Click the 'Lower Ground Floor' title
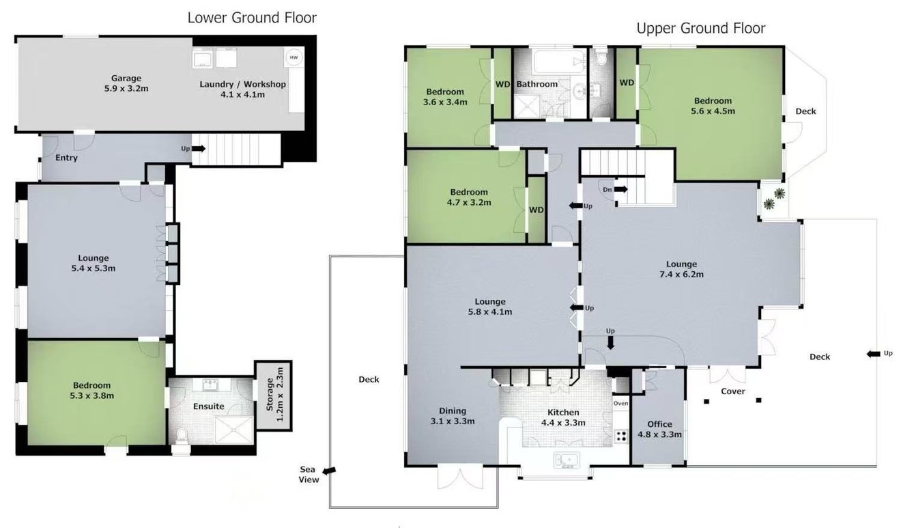tap(252, 18)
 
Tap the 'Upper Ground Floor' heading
tap(701, 28)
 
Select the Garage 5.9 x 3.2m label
tap(126, 83)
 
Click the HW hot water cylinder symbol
tap(294, 57)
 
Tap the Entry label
tap(66, 158)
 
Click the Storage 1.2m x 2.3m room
tap(274, 395)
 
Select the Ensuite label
tap(209, 406)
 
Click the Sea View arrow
tap(329, 471)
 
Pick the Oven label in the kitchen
tap(620, 403)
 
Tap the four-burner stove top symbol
tap(621, 436)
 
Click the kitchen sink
tap(567, 460)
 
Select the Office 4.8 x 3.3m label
tap(659, 429)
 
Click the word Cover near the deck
tap(733, 391)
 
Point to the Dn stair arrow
tap(620, 189)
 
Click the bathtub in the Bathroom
tap(560, 61)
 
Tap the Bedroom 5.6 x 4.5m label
tap(713, 106)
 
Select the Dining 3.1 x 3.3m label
tap(453, 416)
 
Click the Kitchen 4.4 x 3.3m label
tap(563, 417)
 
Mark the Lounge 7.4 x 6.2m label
tap(681, 269)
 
